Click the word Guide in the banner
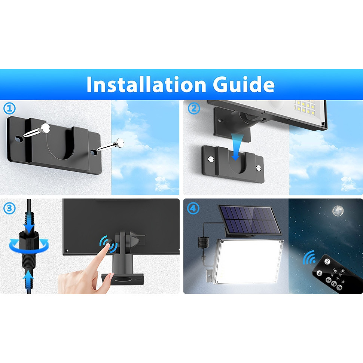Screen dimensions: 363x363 [x=244, y=84]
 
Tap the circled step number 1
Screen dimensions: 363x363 [x=9, y=108]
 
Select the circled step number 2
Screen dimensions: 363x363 [x=193, y=109]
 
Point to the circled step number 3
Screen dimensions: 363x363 [x=9, y=208]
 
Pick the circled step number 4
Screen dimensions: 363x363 [x=193, y=208]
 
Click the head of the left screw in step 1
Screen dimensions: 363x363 [x=46, y=128]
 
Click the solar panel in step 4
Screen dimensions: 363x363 [x=250, y=220]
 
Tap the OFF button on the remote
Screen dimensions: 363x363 [x=327, y=262]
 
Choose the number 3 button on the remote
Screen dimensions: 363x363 [x=339, y=287]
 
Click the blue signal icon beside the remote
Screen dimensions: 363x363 [x=309, y=258]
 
